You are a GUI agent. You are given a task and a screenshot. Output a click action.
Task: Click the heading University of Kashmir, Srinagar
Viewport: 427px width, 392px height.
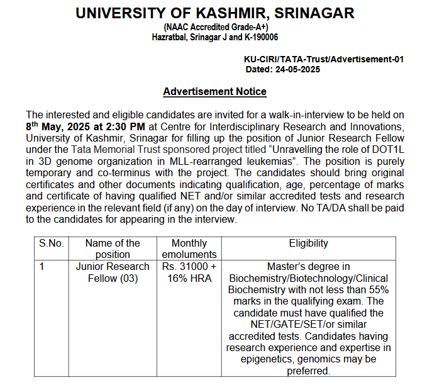point(215,13)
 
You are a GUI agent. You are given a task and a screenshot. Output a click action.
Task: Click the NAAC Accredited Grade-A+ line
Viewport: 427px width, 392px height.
point(214,28)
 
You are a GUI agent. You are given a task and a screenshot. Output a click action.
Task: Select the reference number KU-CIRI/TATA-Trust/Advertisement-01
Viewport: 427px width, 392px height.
point(323,59)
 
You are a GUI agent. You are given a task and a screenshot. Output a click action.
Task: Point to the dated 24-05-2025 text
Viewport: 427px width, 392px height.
point(283,69)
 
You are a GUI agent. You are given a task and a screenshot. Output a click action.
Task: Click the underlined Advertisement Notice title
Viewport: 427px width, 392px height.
point(214,92)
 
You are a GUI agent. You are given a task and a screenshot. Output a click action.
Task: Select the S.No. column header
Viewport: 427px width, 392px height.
point(52,244)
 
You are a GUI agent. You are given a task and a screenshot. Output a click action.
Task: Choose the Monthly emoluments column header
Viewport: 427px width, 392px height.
point(189,249)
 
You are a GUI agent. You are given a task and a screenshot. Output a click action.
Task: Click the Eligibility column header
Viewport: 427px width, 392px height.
point(308,244)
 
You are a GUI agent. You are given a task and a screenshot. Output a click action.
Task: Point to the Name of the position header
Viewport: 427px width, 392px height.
point(112,249)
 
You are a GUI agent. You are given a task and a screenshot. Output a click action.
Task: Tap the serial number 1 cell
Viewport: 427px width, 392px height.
point(42,266)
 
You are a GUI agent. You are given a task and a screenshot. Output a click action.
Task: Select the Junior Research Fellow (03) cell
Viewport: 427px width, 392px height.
point(112,272)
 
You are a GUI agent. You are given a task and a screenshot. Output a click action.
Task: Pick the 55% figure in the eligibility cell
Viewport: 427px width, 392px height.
point(377,289)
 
